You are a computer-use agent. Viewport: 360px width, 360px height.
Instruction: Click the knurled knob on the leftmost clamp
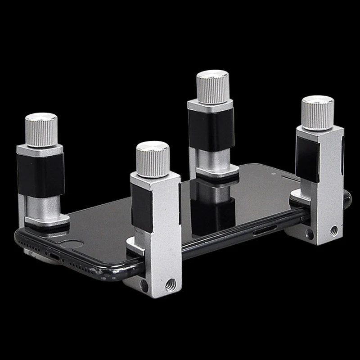coord(41,130)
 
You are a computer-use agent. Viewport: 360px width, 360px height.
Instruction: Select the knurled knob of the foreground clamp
coord(153,159)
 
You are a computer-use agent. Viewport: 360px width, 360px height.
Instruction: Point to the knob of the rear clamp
coord(213,86)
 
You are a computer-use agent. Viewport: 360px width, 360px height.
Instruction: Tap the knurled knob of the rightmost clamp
coord(317,112)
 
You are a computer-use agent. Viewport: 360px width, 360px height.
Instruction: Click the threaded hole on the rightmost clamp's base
coord(333,231)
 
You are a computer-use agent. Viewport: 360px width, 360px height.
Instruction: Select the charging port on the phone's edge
coord(54,256)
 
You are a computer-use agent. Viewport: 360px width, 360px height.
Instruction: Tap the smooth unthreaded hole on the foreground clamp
coord(144,284)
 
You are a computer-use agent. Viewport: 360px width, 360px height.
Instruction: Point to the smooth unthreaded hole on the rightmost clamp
coord(310,234)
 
